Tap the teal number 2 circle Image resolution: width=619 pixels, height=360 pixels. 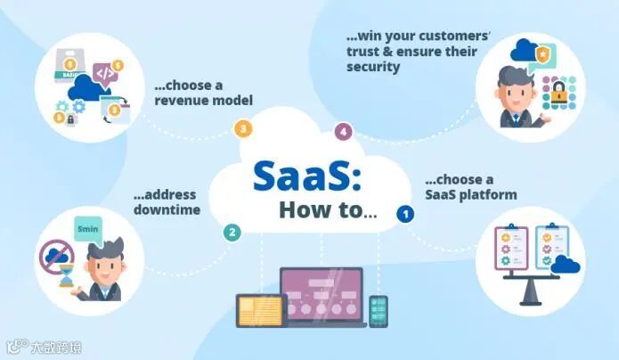pyautogui.click(x=232, y=233)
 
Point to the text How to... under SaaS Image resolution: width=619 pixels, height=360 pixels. pyautogui.click(x=327, y=211)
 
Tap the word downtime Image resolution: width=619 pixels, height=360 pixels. pyautogui.click(x=167, y=209)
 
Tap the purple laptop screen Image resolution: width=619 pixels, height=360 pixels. pyautogui.click(x=322, y=292)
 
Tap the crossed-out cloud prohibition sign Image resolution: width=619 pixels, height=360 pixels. pyautogui.click(x=56, y=258)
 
